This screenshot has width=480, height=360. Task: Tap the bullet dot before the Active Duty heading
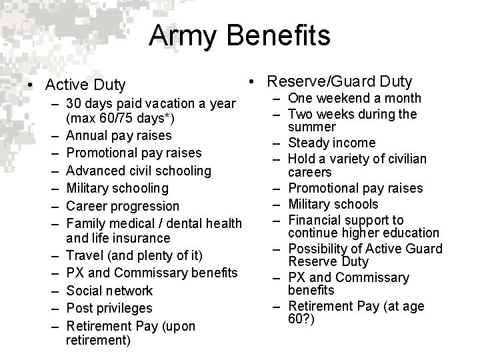30,85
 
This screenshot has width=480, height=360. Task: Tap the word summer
309,127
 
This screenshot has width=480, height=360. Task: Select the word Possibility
317,249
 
